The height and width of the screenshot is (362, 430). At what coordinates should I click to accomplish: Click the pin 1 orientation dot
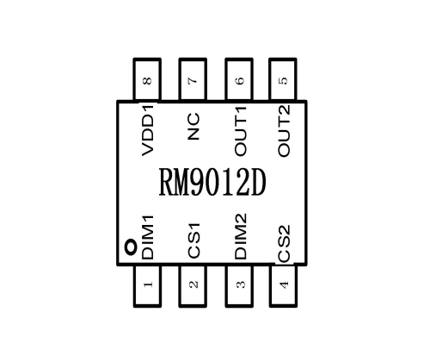[x=131, y=247]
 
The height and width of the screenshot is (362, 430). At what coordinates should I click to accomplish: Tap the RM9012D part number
[x=212, y=183]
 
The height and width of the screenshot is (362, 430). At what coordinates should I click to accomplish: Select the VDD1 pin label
[x=148, y=130]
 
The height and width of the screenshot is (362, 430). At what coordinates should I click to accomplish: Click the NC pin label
[x=193, y=127]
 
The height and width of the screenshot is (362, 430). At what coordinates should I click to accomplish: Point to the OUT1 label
[x=240, y=131]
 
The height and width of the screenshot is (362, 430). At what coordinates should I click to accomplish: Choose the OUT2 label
[x=284, y=131]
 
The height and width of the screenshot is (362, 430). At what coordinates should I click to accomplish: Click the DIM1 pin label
[x=148, y=237]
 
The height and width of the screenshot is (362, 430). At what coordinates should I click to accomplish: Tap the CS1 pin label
[x=193, y=240]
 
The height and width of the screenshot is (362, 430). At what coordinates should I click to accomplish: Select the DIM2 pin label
[x=240, y=236]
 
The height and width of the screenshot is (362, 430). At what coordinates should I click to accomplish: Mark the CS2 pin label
[x=284, y=244]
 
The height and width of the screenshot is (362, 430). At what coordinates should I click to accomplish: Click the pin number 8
[x=147, y=80]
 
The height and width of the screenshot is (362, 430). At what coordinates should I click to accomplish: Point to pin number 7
[x=193, y=80]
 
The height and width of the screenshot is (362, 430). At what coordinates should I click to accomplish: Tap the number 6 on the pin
[x=240, y=80]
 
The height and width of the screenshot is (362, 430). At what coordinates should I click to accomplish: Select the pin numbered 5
[x=283, y=80]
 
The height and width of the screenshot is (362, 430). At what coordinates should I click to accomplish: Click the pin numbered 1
[x=148, y=284]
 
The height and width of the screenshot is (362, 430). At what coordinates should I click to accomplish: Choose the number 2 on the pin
[x=193, y=284]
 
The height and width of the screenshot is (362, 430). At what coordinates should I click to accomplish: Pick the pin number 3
[x=241, y=284]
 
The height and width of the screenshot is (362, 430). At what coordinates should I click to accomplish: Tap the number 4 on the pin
[x=284, y=284]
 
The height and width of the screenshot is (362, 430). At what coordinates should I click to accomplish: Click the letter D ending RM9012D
[x=258, y=183]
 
